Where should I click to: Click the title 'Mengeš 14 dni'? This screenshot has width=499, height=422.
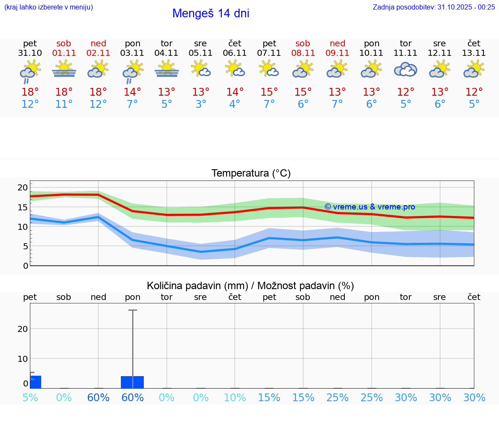211,13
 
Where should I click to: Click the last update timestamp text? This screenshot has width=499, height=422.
434,7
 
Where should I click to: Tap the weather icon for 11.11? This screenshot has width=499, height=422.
405,70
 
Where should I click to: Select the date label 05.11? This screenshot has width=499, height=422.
200,53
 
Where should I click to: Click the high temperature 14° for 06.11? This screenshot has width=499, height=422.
235,92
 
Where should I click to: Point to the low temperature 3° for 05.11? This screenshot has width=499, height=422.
201,104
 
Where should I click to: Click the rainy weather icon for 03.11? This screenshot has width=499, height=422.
133,71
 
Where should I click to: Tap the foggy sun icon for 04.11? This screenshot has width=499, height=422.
166,69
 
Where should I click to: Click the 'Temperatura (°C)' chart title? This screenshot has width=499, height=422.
251,174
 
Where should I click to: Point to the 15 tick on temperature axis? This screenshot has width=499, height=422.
23,207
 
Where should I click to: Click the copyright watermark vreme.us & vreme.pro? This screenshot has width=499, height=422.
369,207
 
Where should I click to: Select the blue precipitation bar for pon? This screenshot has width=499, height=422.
133,382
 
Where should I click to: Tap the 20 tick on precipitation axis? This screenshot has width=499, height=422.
23,329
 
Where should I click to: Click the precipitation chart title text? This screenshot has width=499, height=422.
250,286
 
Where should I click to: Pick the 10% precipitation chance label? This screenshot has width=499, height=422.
235,397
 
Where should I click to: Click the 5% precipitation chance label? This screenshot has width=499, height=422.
30,397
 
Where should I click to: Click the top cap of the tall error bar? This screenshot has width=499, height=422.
133,310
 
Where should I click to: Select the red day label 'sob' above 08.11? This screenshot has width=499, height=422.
303,43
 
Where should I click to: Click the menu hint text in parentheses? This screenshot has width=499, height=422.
49,7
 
